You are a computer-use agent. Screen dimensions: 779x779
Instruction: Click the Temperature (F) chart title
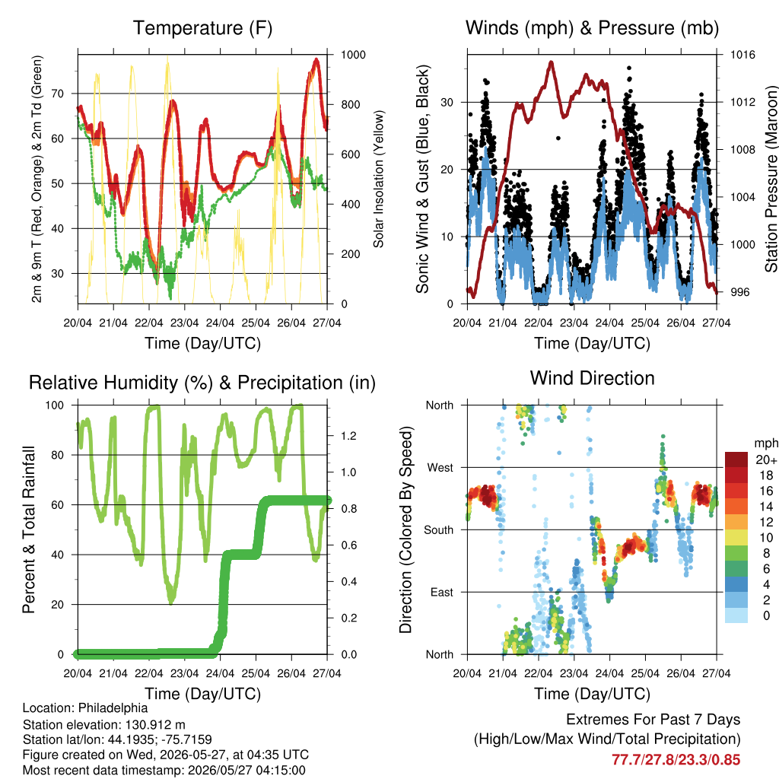[x=202, y=28]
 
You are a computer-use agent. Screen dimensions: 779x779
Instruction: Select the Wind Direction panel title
[x=592, y=378]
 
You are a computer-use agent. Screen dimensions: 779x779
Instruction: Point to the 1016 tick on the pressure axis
[x=742, y=55]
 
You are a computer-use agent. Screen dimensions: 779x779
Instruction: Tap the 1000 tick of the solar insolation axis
[x=353, y=55]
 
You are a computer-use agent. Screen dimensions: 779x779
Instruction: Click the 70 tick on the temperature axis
[x=58, y=94]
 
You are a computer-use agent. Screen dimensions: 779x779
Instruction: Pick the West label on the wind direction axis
[x=440, y=468]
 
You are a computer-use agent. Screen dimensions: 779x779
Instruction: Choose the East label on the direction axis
[x=442, y=592]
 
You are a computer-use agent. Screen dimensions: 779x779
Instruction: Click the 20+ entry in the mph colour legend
[x=766, y=459]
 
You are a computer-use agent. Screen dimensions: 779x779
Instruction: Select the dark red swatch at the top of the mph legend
[x=736, y=459]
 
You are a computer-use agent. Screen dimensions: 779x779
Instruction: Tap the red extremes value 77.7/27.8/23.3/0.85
[x=676, y=760]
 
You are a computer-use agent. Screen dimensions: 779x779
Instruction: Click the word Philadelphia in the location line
[x=113, y=708]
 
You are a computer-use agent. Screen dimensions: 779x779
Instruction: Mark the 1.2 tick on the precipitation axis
[x=348, y=436]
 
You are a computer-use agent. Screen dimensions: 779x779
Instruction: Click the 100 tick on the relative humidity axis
[x=55, y=405]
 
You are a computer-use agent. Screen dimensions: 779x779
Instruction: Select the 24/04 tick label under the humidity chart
[x=220, y=673]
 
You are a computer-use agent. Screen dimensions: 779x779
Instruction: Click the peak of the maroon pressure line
[x=551, y=62]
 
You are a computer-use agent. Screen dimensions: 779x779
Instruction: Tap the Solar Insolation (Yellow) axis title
[x=379, y=179]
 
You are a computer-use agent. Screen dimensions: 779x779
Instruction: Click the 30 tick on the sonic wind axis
[x=447, y=103]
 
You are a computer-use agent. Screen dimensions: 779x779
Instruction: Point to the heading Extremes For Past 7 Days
[x=653, y=720]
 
